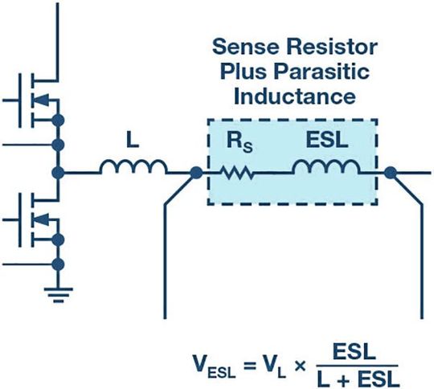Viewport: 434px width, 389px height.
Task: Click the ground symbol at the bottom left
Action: (57, 291)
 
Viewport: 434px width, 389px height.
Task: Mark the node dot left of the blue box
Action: (195, 172)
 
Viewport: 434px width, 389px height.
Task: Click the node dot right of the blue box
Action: (391, 172)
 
